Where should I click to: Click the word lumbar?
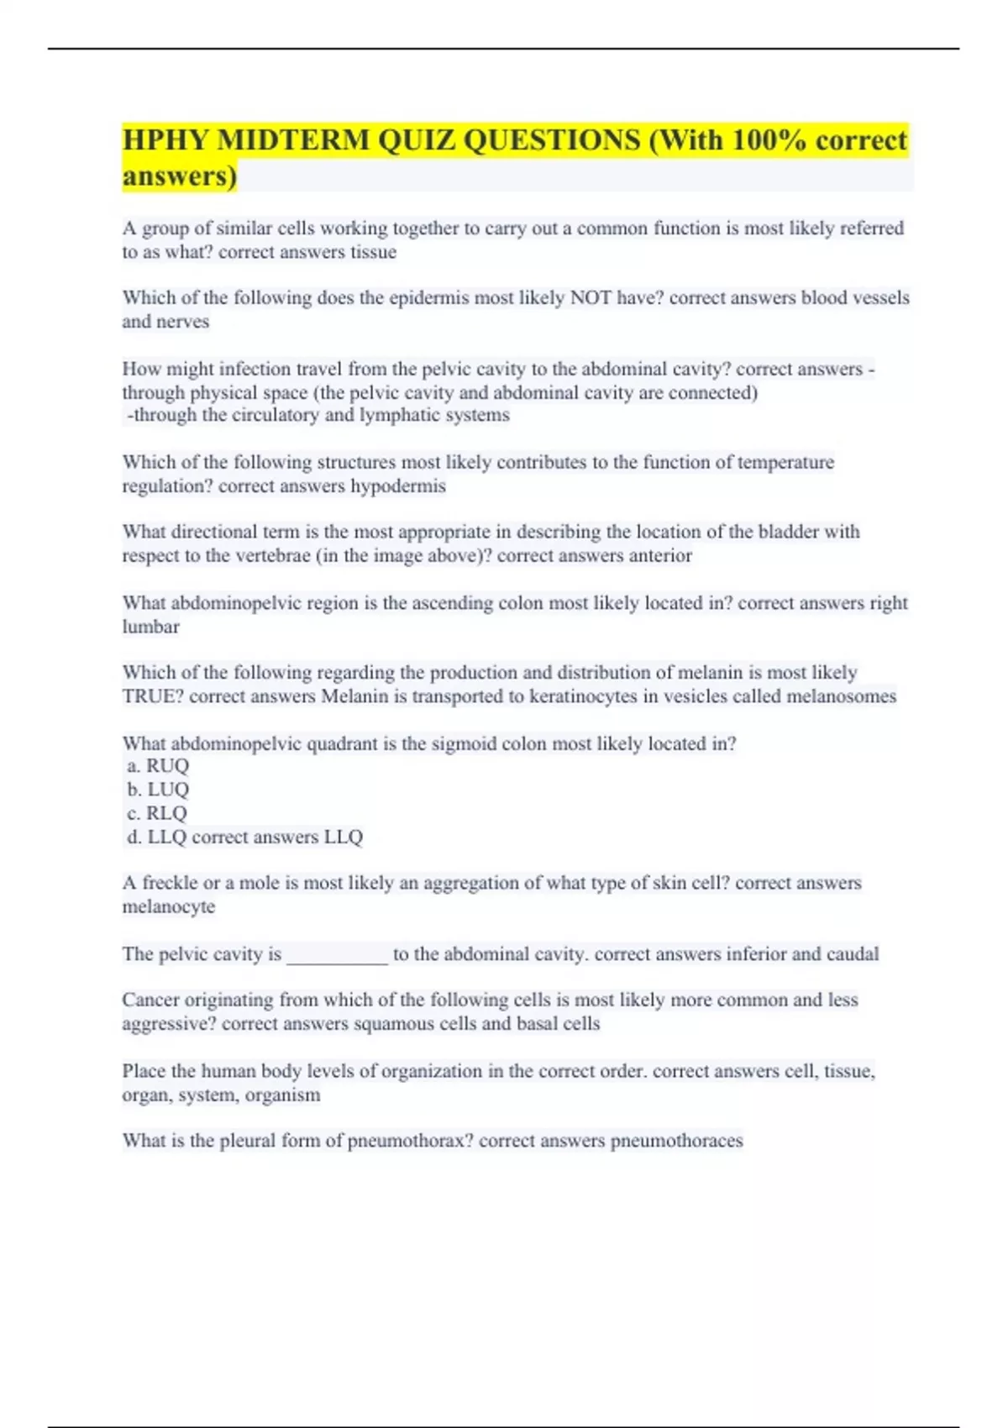point(151,627)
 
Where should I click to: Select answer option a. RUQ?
point(158,765)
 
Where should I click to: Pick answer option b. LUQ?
point(158,790)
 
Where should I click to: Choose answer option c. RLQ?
point(157,813)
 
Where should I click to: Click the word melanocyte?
point(169,906)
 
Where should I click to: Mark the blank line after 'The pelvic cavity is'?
point(337,955)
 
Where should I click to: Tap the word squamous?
point(401,1024)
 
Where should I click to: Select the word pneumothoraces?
point(676,1141)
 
